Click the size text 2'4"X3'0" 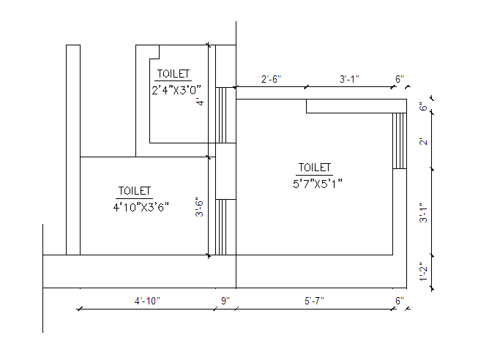tap(176, 90)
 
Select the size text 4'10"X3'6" tap(141, 207)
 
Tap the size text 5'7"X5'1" tap(317, 184)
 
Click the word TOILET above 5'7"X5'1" tap(314, 168)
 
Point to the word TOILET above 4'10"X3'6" tap(135, 191)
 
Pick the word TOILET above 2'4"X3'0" tap(173, 74)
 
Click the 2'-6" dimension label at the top tap(271, 79)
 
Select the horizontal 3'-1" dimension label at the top tap(349, 79)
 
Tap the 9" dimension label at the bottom tap(225, 301)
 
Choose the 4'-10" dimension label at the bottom tap(147, 301)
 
